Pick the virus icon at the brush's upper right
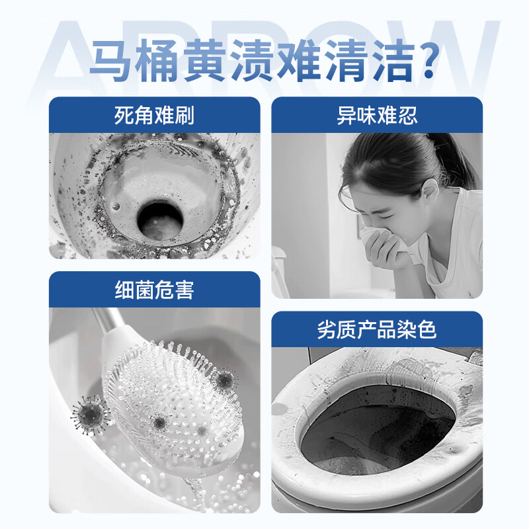[x=225, y=379]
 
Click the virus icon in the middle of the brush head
[x=159, y=421]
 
